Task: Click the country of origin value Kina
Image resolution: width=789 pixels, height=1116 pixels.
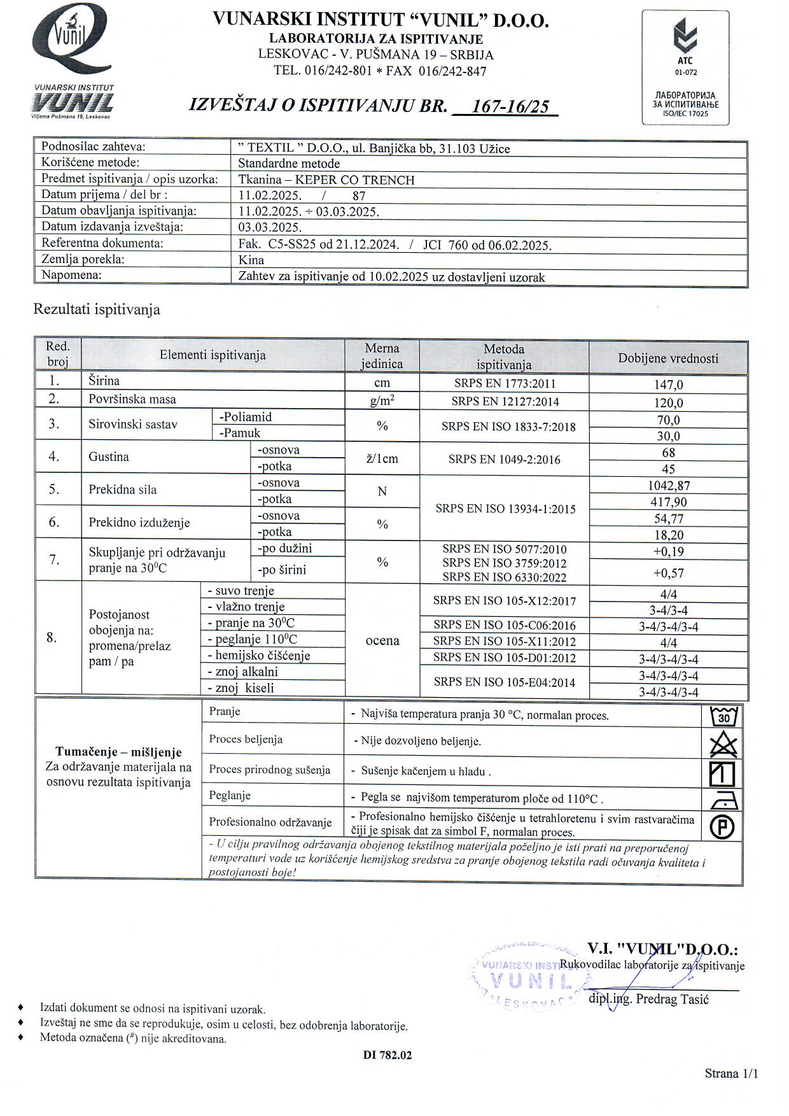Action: point(251,260)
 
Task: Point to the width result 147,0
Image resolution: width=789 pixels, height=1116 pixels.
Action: point(668,385)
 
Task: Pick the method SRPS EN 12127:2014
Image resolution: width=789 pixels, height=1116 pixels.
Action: point(505,401)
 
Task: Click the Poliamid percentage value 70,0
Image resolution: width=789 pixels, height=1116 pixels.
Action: point(668,420)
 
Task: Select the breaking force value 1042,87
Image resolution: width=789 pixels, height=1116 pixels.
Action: point(668,485)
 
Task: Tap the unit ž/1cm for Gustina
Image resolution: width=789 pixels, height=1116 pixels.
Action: point(382,458)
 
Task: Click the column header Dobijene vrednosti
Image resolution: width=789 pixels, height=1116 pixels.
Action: point(668,358)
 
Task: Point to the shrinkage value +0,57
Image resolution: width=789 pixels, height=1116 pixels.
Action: point(668,573)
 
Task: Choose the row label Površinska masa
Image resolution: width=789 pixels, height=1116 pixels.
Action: point(132,399)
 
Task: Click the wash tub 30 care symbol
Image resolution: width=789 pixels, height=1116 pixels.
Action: point(723,717)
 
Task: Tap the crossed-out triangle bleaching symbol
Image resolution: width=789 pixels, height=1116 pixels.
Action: point(723,744)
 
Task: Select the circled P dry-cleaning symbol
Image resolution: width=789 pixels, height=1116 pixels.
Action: point(722,827)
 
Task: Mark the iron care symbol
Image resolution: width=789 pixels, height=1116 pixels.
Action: point(723,800)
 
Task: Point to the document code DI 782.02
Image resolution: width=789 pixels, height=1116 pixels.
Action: point(388,1055)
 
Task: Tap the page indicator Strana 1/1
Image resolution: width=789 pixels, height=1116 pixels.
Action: point(731,1073)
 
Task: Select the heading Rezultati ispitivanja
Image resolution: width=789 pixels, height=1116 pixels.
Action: point(97,310)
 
